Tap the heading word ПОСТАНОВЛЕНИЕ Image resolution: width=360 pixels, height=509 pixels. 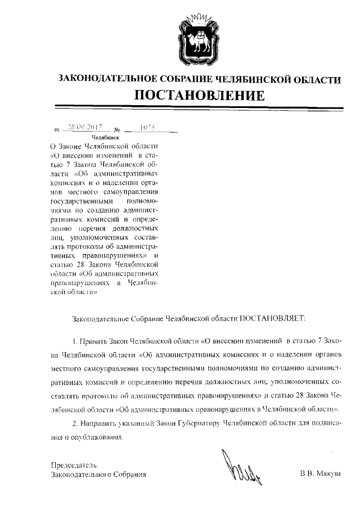[199, 94]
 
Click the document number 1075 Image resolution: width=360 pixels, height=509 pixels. [148, 128]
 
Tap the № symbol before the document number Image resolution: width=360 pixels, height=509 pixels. [118, 129]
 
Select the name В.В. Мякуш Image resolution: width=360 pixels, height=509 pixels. [321, 474]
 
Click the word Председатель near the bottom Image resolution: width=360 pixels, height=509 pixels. [74, 465]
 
